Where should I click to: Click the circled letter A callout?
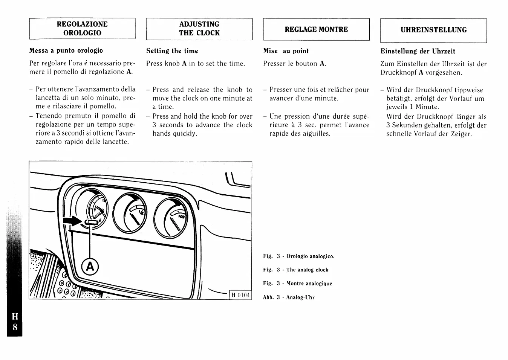coord(90,267)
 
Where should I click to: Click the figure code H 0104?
coord(240,295)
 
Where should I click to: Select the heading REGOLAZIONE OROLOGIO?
coord(82,29)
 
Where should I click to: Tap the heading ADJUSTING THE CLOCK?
coord(199,29)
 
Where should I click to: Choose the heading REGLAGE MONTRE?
coord(316,29)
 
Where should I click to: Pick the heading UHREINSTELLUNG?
coord(433,30)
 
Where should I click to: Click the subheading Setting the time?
coord(172,51)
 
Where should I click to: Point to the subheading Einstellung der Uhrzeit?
coord(418,51)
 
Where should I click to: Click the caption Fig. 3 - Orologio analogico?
coord(298,256)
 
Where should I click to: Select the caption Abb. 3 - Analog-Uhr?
coord(289,297)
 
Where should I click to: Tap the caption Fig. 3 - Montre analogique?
coord(297,284)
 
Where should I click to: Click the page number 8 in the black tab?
coord(15,327)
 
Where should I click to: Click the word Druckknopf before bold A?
coord(398,73)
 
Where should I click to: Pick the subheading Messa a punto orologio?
coord(66,50)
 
